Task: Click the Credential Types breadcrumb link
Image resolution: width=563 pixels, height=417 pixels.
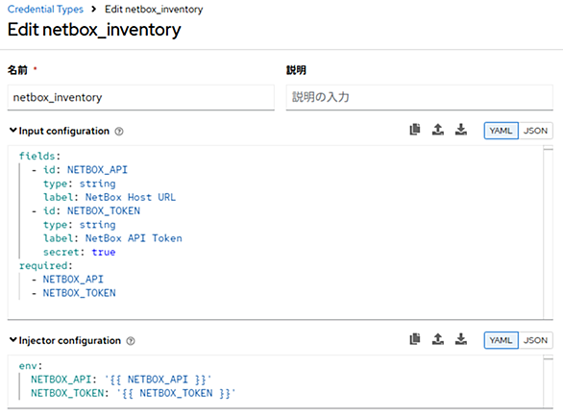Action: click(45, 9)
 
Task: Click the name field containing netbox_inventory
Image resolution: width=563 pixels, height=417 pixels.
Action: click(140, 97)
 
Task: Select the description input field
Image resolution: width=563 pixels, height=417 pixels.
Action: click(420, 97)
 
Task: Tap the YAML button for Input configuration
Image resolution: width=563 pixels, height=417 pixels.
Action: click(501, 131)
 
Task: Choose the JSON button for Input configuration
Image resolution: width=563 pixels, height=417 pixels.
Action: click(535, 131)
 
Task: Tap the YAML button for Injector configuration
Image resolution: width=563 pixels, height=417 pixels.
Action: click(501, 340)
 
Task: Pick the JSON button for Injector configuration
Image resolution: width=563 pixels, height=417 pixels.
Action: click(535, 340)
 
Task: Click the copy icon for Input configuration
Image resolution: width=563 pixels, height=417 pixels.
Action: click(415, 130)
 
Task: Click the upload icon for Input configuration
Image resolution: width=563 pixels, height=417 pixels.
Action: click(438, 130)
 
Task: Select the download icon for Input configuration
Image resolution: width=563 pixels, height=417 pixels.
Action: click(461, 130)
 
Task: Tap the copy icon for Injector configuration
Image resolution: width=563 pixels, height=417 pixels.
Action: click(415, 339)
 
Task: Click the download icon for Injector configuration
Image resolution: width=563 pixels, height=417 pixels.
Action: click(461, 339)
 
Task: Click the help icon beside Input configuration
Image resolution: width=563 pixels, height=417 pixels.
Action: click(119, 132)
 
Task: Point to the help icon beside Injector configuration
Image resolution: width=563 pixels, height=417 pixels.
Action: click(131, 341)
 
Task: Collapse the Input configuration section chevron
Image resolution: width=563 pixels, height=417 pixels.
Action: click(12, 130)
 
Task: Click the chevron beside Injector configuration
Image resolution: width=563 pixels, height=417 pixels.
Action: click(12, 339)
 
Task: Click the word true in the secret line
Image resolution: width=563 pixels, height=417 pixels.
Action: click(104, 252)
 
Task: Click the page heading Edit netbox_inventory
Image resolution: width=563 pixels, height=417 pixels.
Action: click(94, 30)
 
